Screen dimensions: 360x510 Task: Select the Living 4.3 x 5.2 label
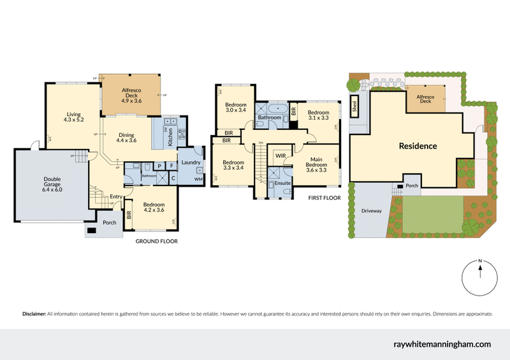[73, 117]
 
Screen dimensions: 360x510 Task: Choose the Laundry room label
[191, 162]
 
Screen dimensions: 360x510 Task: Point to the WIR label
[280, 155]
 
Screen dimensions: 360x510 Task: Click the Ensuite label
[282, 184]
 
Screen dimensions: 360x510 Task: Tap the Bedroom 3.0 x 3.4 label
[235, 108]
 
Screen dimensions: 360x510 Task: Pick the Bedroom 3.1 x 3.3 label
[318, 115]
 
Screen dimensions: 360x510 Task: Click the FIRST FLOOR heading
[323, 198]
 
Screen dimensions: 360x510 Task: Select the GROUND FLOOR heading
[157, 241]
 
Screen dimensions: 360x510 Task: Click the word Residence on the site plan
[418, 146]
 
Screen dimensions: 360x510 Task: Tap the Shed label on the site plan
[355, 106]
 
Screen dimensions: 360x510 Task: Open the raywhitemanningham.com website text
[441, 344]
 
